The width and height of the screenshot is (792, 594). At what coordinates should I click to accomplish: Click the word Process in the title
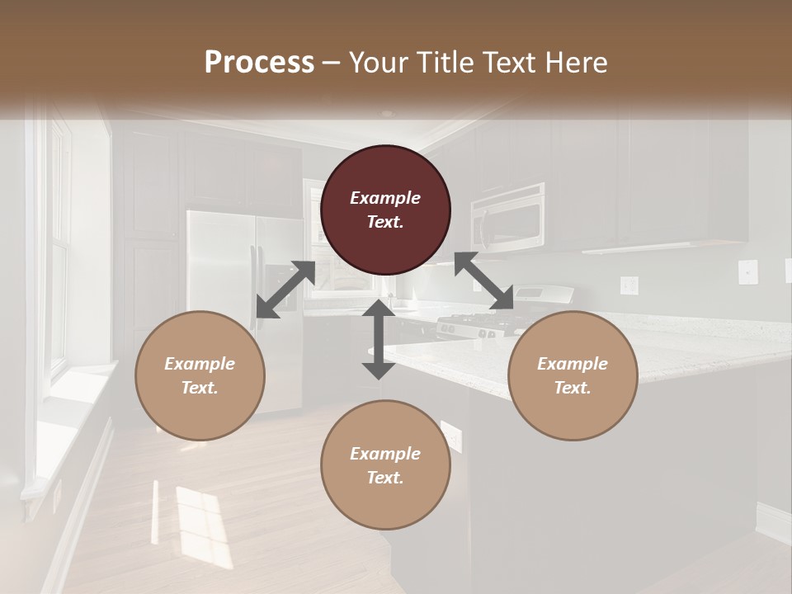click(x=259, y=62)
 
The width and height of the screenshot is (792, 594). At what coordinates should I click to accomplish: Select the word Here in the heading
click(x=575, y=62)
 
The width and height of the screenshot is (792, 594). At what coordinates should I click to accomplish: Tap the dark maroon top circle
click(x=385, y=210)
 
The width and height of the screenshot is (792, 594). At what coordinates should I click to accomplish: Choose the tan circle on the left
click(x=200, y=375)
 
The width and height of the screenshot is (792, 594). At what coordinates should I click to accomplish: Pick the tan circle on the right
click(x=573, y=375)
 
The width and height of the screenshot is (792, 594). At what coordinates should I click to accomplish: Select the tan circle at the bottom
click(x=385, y=464)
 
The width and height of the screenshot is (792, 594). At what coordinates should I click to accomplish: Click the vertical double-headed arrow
click(x=379, y=339)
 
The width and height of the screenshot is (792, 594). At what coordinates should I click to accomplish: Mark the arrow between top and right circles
click(x=484, y=282)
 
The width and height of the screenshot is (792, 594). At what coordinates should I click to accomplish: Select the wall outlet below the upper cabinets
click(x=629, y=285)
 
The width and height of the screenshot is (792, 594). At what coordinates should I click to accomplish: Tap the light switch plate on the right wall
click(x=747, y=271)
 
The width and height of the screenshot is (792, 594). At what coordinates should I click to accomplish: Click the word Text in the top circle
click(x=385, y=222)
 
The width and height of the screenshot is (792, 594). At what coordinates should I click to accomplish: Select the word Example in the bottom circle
click(x=385, y=453)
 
